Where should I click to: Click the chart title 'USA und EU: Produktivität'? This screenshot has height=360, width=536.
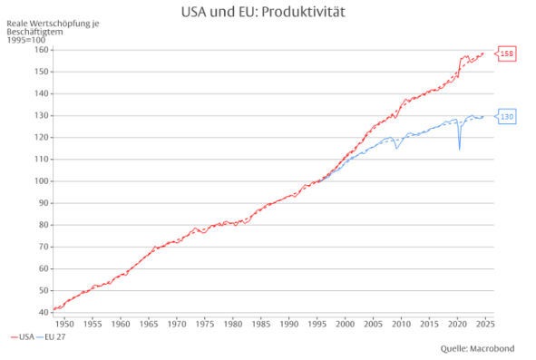268,12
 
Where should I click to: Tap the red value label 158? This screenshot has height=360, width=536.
507,54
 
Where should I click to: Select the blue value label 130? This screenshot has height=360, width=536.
507,117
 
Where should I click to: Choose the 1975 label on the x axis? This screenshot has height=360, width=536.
205,323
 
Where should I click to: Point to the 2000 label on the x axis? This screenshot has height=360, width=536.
345,323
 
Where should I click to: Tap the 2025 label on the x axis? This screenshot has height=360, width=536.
484,323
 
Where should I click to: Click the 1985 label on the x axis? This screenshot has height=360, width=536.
261,323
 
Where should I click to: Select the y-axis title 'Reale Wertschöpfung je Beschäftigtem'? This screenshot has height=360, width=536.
52,27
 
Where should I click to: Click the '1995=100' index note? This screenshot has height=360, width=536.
25,40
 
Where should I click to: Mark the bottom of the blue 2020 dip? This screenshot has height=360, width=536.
459,149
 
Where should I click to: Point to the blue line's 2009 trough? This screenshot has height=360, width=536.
396,148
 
